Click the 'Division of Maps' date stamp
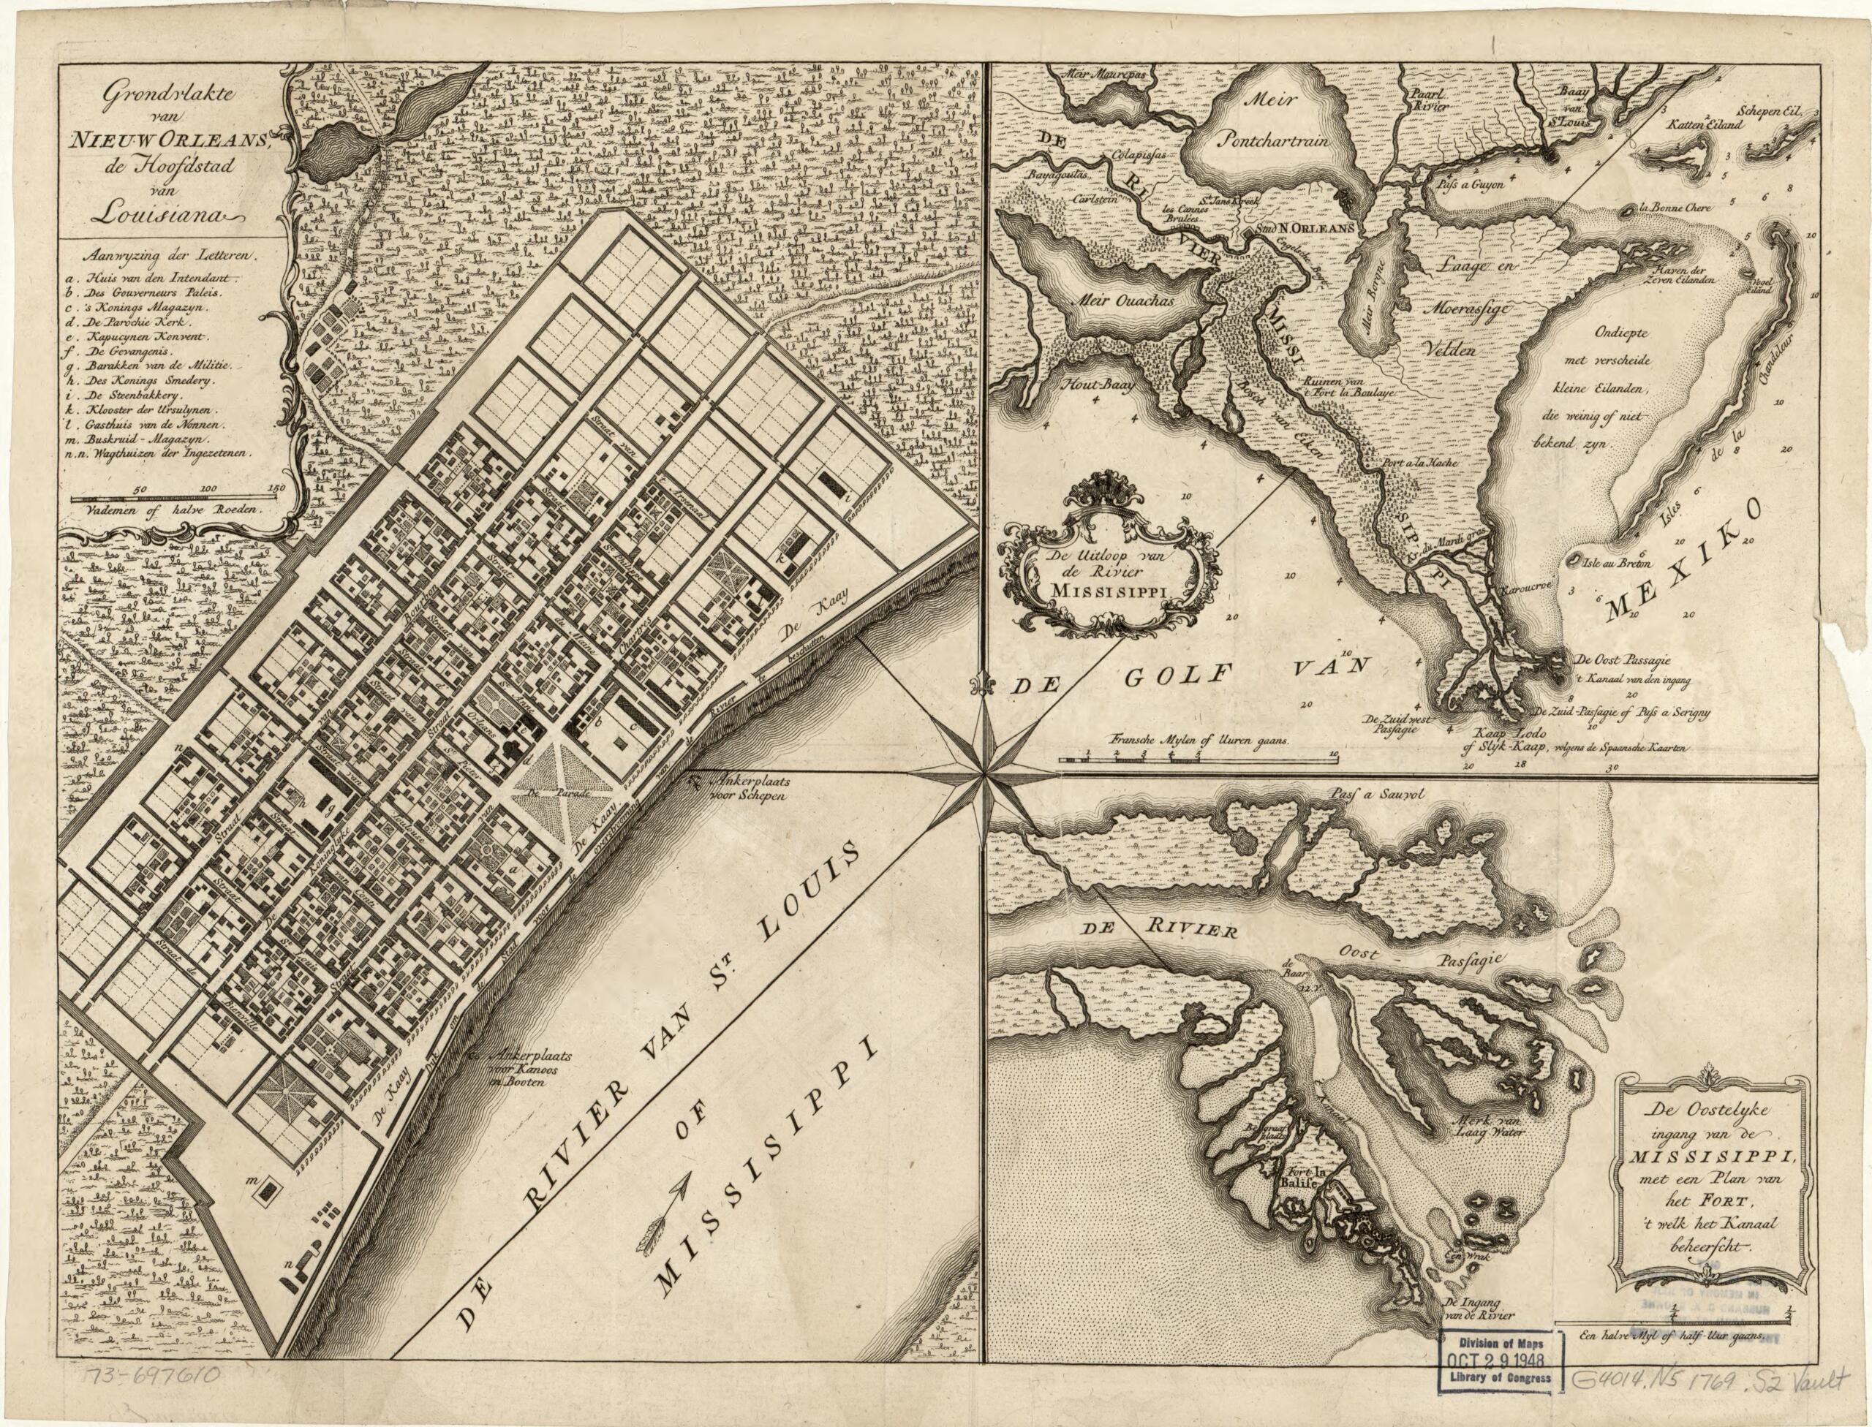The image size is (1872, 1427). click(1503, 1363)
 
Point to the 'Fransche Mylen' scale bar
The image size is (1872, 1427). click(1198, 752)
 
